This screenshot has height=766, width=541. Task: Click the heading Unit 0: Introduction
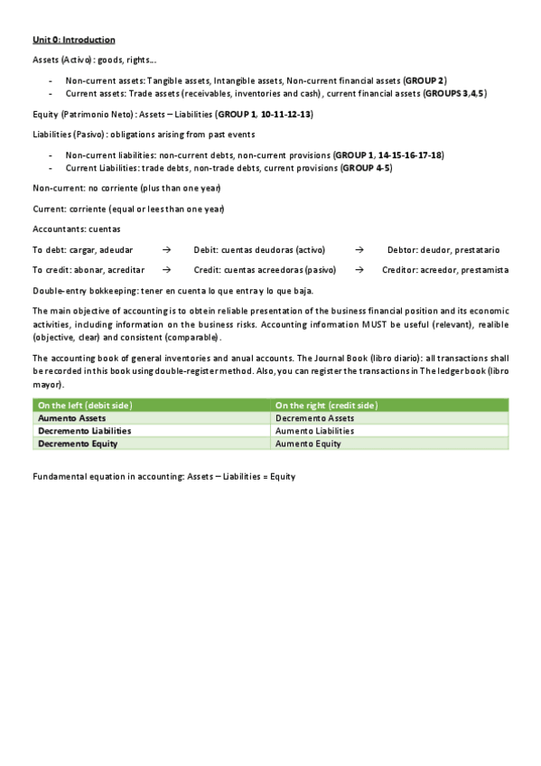point(73,41)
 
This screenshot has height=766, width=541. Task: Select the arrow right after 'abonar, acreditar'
point(167,269)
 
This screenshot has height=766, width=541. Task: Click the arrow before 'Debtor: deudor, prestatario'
point(359,249)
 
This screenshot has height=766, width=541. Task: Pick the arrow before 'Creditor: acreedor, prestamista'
point(359,269)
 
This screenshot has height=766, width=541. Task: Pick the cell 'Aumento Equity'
point(308,444)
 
